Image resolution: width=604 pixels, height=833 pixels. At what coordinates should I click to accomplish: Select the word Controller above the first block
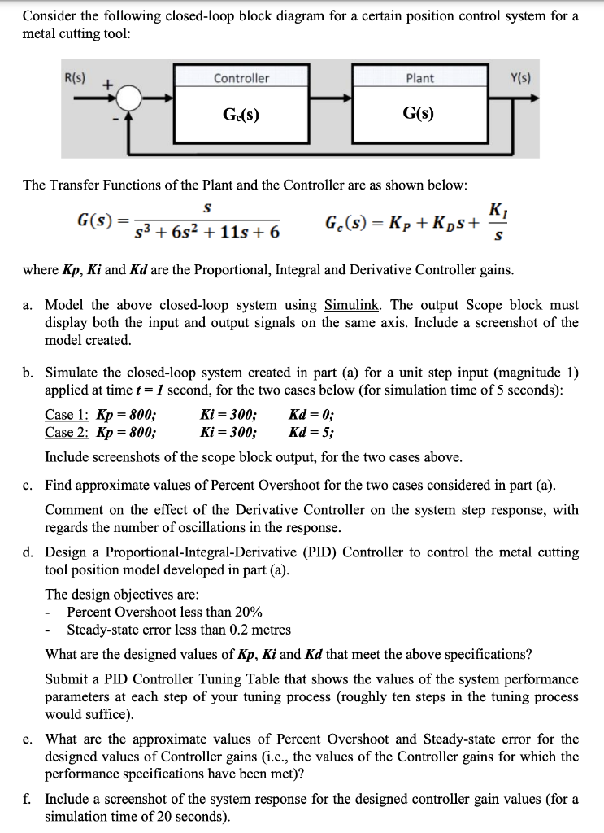pyautogui.click(x=241, y=78)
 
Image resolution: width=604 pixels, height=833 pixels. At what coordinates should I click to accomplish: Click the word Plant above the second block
pyautogui.click(x=419, y=78)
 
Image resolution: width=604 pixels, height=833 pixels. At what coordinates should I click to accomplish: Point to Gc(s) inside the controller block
pyautogui.click(x=241, y=114)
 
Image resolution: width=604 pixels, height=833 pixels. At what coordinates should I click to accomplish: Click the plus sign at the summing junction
pyautogui.click(x=106, y=84)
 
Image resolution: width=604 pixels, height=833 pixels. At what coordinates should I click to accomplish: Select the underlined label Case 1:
pyautogui.click(x=67, y=413)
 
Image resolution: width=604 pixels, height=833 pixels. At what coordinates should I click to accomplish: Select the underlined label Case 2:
pyautogui.click(x=67, y=431)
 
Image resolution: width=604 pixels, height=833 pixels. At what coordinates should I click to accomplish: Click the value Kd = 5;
pyautogui.click(x=311, y=431)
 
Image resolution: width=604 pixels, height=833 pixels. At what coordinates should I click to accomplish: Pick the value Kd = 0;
pyautogui.click(x=311, y=413)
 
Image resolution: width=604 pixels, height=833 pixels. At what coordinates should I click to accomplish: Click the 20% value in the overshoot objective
pyautogui.click(x=248, y=612)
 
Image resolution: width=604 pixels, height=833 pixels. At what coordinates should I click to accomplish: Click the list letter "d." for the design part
pyautogui.click(x=28, y=552)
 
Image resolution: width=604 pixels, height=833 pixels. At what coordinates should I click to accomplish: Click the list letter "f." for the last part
pyautogui.click(x=28, y=799)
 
